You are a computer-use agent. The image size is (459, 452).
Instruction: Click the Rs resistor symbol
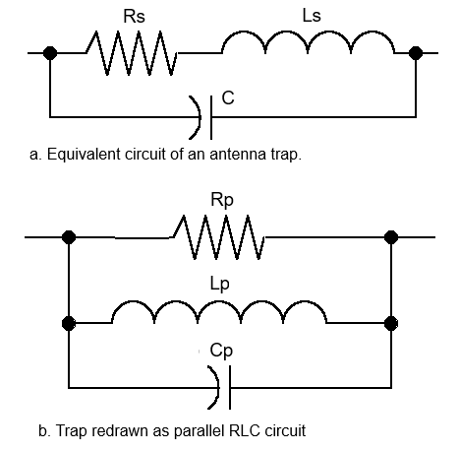(132, 53)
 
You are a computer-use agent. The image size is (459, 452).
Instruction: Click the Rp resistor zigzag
(218, 237)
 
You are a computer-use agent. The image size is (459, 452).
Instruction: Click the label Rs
(134, 16)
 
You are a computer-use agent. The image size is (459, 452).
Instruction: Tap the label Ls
(312, 16)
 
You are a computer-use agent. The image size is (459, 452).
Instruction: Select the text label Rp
(222, 200)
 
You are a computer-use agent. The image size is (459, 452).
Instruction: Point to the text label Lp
(219, 285)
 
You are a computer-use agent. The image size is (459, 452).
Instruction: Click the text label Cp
(221, 351)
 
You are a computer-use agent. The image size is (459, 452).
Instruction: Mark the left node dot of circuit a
(50, 53)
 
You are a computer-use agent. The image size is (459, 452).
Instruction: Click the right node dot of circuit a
(416, 53)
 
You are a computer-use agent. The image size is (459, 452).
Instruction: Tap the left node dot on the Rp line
(69, 237)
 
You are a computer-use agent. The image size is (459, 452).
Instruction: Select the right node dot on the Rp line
(391, 237)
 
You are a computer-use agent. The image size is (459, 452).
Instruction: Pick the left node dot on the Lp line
(69, 323)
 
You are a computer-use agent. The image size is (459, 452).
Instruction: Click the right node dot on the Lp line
(391, 323)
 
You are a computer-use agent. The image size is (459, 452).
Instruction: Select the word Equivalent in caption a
(84, 154)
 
